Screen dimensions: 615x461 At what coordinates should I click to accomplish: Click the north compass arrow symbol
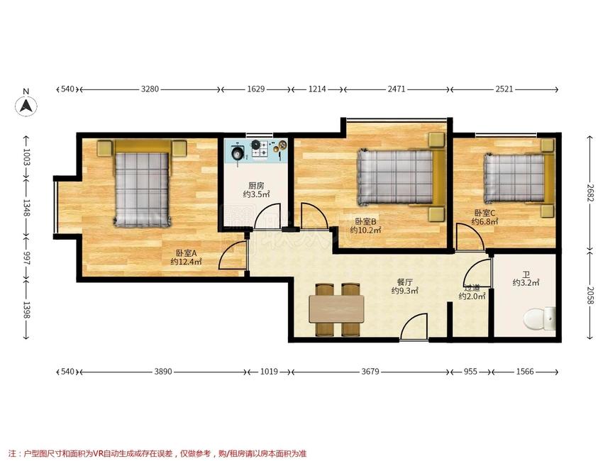pos(26,106)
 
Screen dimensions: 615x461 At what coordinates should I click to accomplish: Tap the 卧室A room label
pos(186,253)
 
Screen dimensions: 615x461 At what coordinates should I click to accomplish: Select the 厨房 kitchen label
pos(256,185)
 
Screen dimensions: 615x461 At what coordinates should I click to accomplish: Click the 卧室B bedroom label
pos(365,221)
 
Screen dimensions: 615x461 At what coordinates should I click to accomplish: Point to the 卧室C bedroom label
pos(484,213)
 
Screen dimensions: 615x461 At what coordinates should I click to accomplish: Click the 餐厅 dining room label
pos(404,282)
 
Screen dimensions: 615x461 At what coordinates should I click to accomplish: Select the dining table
pos(336,309)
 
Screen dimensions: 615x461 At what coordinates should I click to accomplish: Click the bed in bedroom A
pos(142,184)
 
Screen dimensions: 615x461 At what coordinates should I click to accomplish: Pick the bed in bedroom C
pos(519,178)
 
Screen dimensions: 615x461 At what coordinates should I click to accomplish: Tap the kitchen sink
pos(238,152)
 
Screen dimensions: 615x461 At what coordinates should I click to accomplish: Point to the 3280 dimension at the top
pos(150,89)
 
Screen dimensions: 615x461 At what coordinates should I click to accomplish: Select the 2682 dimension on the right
pos(590,192)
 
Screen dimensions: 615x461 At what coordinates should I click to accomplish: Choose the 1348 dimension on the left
pos(26,208)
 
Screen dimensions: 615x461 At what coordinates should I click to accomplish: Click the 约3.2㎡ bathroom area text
pos(526,282)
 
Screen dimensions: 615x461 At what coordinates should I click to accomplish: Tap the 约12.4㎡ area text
pos(186,262)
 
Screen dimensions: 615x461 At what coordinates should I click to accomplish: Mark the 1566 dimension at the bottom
pos(525,371)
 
